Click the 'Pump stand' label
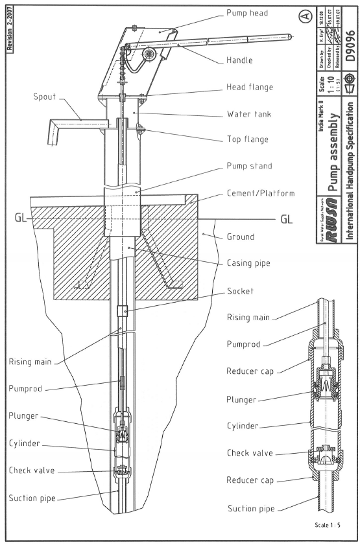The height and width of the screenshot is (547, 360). pos(248,167)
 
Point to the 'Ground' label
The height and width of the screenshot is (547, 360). pos(241,237)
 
